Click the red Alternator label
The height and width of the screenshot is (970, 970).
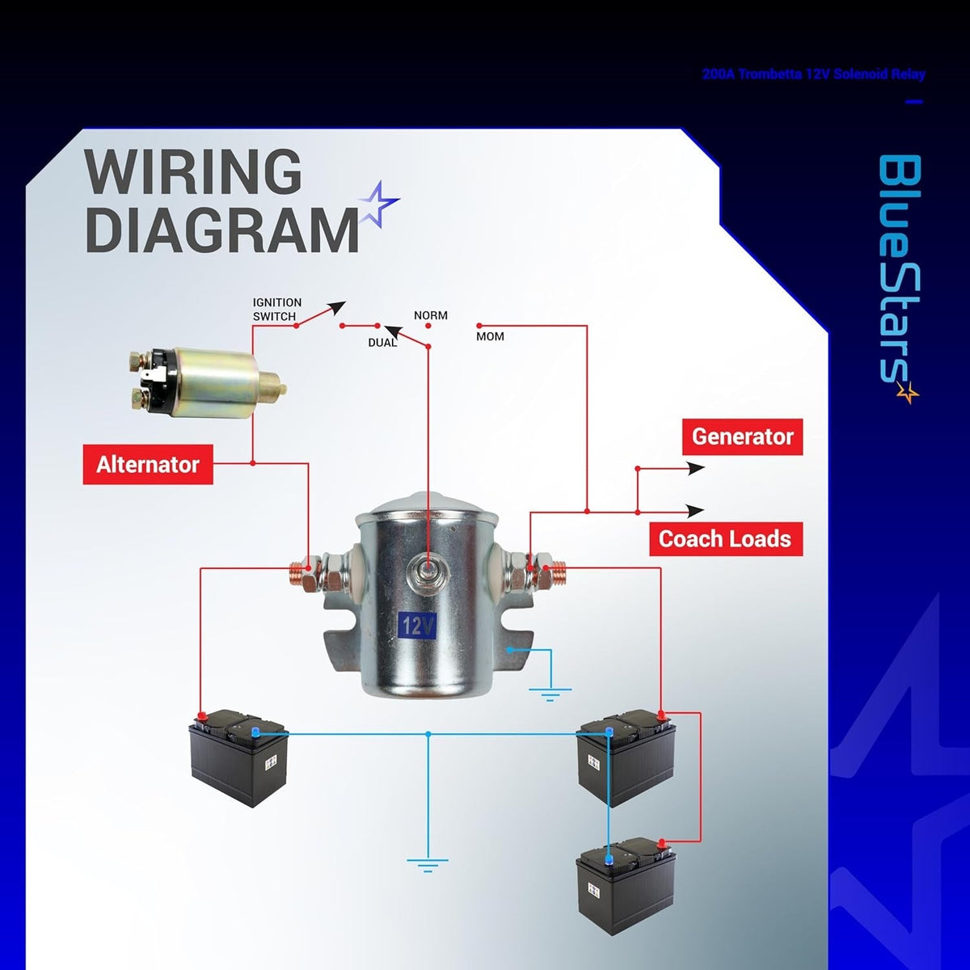point(148,464)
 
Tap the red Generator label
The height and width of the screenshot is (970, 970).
point(743,436)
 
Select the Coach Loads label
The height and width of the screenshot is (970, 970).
point(726,539)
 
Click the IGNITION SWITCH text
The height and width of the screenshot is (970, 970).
point(277,309)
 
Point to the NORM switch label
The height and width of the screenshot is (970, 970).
point(430,315)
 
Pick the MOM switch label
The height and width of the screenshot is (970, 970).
point(490,336)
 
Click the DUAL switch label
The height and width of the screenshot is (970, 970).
point(382,343)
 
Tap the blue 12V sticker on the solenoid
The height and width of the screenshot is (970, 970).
point(417,626)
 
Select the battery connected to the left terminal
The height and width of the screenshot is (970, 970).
point(238,757)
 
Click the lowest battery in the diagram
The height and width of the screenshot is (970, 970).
point(626,885)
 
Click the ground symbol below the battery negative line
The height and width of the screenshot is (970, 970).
point(428,865)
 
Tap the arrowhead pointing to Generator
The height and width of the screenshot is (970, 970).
point(696,468)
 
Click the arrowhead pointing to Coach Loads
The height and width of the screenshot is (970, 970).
point(696,511)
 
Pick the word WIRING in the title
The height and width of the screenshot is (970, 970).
point(193,172)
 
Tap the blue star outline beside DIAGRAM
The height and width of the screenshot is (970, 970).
point(379,204)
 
